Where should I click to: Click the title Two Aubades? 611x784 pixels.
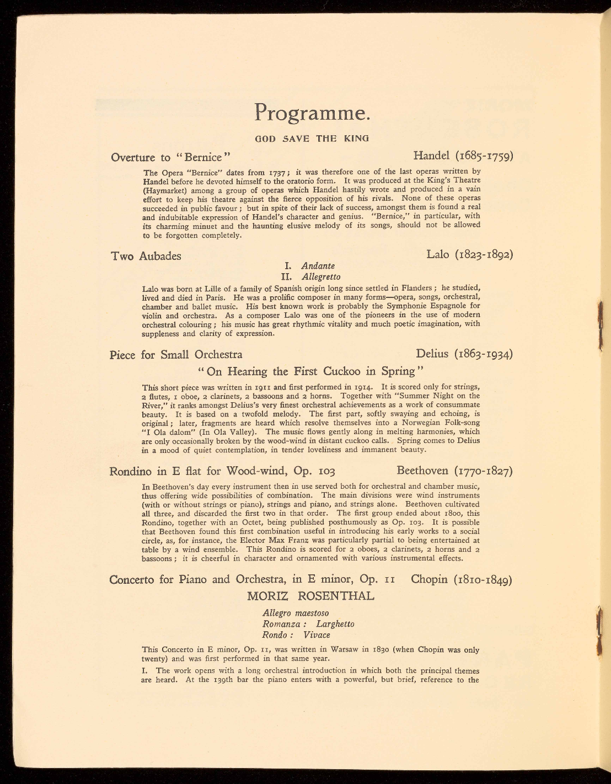tap(146, 256)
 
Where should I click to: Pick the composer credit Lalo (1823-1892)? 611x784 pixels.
tap(470, 254)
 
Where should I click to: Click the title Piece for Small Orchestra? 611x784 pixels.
tap(176, 355)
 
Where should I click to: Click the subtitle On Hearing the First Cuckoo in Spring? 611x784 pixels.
tap(312, 371)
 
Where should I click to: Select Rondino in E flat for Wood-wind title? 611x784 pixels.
tap(223, 472)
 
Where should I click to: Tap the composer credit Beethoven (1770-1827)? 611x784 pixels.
tap(455, 471)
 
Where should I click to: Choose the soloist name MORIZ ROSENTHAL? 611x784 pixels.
tap(311, 596)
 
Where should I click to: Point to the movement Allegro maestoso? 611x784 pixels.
tap(296, 613)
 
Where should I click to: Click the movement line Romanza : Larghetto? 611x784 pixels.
tap(308, 624)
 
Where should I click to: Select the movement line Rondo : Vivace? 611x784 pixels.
tap(296, 635)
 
